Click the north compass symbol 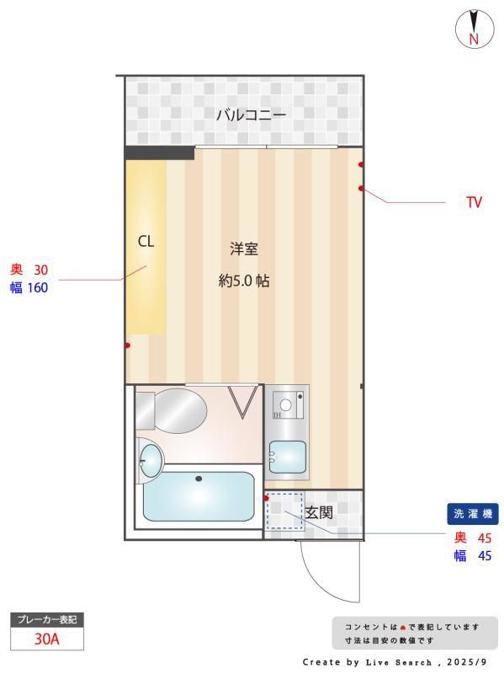click(474, 29)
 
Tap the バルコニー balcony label click(251, 115)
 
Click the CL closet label click(146, 242)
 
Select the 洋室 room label click(244, 249)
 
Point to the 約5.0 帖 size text click(244, 281)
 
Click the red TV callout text click(475, 202)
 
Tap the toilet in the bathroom click(172, 410)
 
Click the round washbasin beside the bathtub click(151, 460)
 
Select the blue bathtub click(199, 496)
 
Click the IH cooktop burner click(285, 404)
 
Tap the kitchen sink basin click(288, 457)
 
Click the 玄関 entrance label click(319, 512)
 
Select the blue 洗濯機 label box click(473, 514)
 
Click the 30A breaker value click(47, 639)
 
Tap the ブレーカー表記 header click(47, 619)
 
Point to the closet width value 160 click(38, 287)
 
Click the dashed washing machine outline click(284, 511)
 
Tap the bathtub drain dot click(199, 479)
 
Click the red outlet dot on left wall click(128, 345)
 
